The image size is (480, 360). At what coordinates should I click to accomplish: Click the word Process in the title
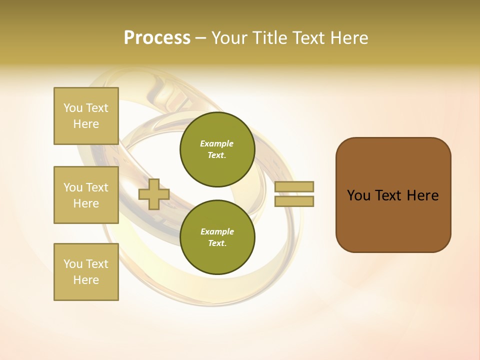click(157, 38)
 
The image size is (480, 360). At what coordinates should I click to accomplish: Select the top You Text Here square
click(86, 116)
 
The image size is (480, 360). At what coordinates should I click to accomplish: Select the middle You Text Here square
click(86, 195)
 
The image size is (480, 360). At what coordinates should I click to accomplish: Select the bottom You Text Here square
click(86, 272)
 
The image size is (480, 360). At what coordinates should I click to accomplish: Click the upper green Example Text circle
click(217, 149)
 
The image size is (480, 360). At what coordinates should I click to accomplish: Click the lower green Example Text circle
click(217, 237)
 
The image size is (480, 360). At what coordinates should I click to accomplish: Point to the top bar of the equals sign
click(294, 187)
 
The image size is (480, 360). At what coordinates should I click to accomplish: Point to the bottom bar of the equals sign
click(294, 201)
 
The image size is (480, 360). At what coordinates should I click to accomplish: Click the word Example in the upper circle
click(217, 143)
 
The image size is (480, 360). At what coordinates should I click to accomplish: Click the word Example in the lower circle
click(217, 231)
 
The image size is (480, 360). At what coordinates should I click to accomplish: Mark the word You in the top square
click(72, 108)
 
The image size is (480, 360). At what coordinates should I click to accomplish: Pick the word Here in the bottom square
click(86, 280)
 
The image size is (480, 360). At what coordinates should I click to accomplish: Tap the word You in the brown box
click(358, 195)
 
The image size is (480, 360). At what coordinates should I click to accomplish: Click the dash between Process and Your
click(200, 38)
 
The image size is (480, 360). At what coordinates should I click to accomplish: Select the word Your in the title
click(228, 38)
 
